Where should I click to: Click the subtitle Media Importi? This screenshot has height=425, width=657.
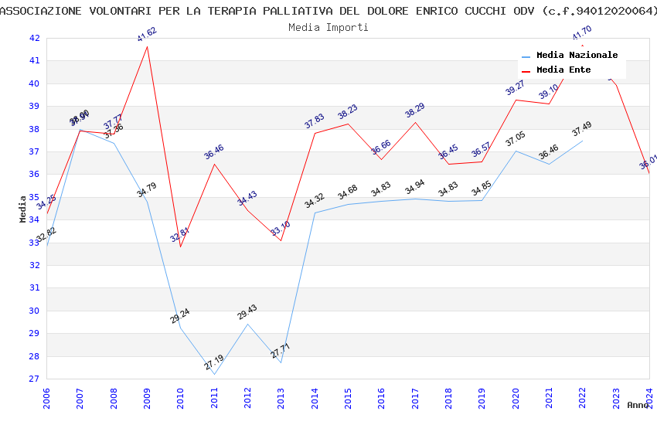point(328,27)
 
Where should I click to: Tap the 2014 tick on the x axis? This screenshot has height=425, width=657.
point(315,398)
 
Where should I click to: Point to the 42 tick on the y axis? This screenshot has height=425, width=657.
point(34,38)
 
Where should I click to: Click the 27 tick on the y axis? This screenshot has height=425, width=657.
point(34,379)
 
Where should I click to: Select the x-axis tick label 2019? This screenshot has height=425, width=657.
point(482,398)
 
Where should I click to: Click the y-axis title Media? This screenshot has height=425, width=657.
point(22,209)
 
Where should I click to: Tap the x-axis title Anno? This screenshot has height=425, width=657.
point(638,405)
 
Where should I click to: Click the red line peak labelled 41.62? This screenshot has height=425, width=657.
point(147,46)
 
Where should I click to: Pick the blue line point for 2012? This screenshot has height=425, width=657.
point(247,324)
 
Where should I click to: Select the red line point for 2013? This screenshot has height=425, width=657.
point(281,240)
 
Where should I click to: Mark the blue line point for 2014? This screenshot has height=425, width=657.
point(315,212)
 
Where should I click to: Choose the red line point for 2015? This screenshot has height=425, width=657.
point(348,124)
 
